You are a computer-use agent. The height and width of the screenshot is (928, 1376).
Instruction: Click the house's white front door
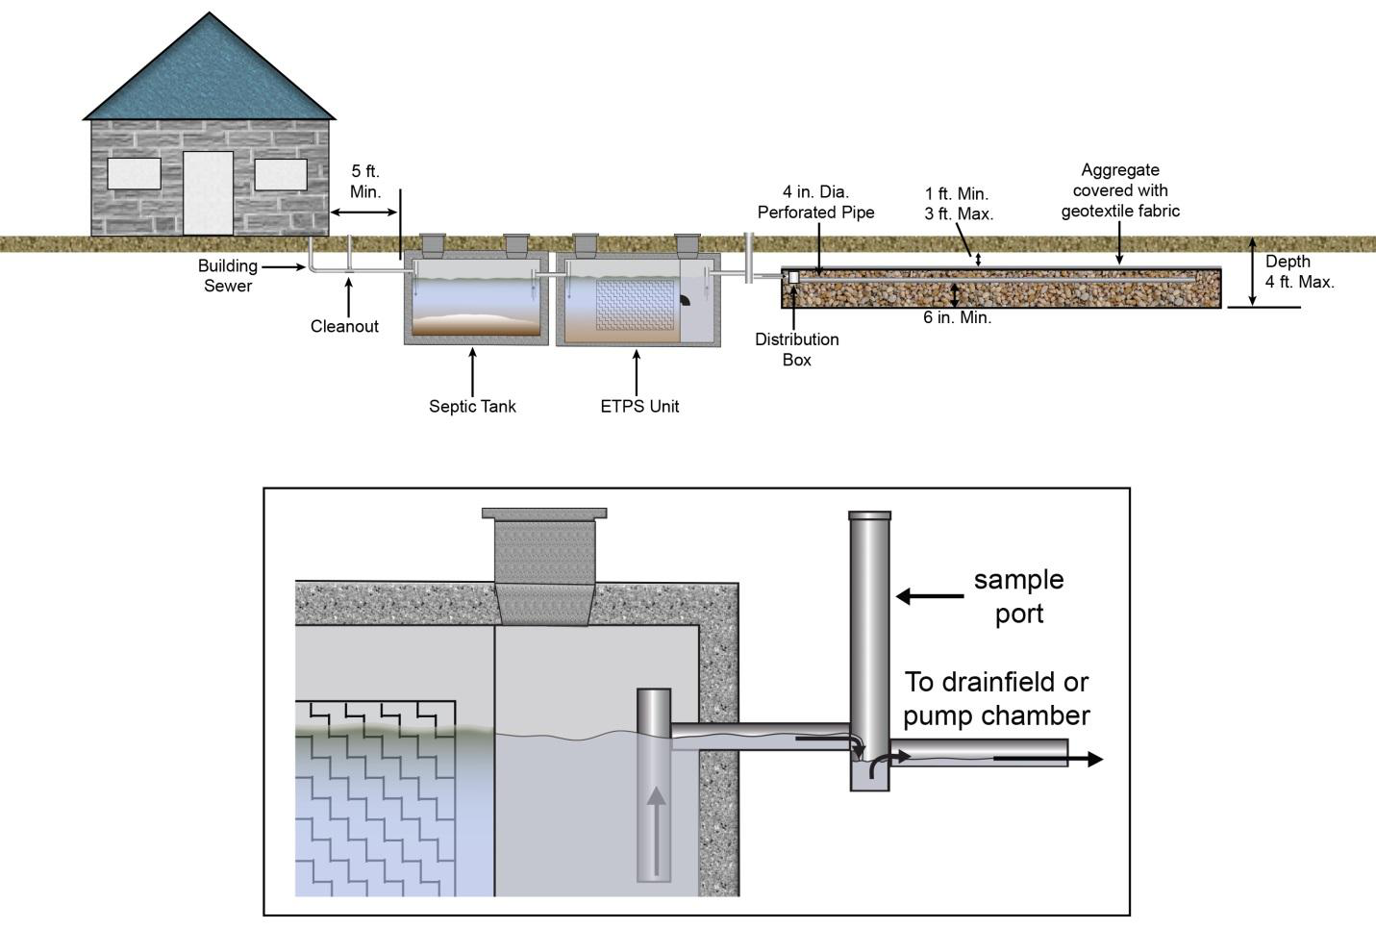208,192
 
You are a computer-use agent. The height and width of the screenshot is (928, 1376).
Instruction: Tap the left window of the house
134,173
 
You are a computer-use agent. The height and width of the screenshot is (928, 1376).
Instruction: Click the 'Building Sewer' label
228,276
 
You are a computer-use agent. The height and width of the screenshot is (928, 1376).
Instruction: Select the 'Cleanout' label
344,327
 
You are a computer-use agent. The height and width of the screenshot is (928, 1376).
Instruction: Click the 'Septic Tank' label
472,407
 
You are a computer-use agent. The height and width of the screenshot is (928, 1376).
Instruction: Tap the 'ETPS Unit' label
639,407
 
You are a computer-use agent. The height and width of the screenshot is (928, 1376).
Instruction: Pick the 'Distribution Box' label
796,350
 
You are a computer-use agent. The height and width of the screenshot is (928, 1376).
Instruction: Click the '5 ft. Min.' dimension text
365,182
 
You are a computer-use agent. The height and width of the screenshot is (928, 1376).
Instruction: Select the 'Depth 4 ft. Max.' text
1299,272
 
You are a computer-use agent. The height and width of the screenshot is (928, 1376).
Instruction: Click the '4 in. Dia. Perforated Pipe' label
815,203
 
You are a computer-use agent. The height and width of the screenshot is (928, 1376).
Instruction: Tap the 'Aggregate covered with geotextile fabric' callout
1120,191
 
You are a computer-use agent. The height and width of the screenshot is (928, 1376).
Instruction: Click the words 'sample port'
1018,596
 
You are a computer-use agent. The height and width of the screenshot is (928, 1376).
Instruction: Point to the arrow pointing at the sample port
930,596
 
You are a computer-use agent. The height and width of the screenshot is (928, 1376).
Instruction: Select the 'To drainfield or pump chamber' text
996,699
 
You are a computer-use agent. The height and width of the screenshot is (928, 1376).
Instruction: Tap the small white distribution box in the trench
793,277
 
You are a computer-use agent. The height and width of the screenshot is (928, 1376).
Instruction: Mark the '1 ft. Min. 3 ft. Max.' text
958,204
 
